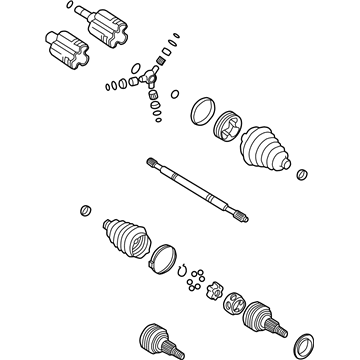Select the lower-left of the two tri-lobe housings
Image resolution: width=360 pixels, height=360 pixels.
click(x=65, y=50)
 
